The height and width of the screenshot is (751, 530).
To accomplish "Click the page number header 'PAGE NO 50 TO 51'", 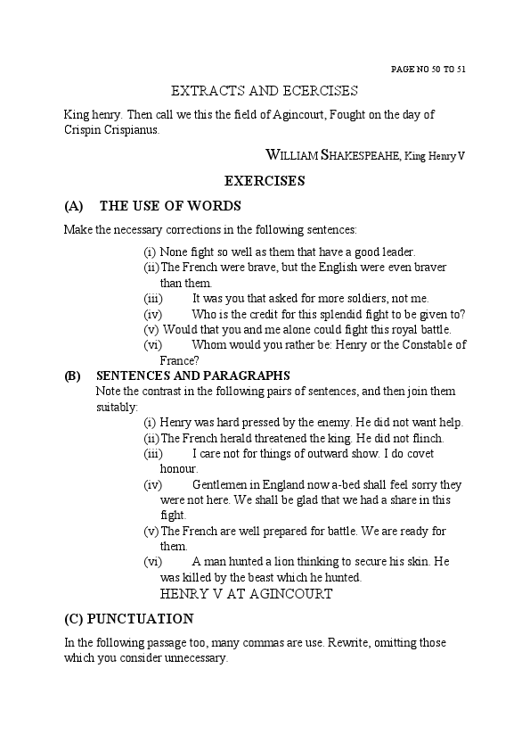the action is click(428, 69).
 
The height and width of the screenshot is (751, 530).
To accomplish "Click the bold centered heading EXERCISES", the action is click(265, 181).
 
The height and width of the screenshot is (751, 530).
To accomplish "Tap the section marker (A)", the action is click(74, 206).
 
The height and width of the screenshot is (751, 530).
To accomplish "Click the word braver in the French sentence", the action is click(428, 267).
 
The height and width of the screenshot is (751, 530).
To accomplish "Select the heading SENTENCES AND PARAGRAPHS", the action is click(192, 375).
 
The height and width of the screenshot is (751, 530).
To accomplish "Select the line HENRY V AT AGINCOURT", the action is click(246, 593).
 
